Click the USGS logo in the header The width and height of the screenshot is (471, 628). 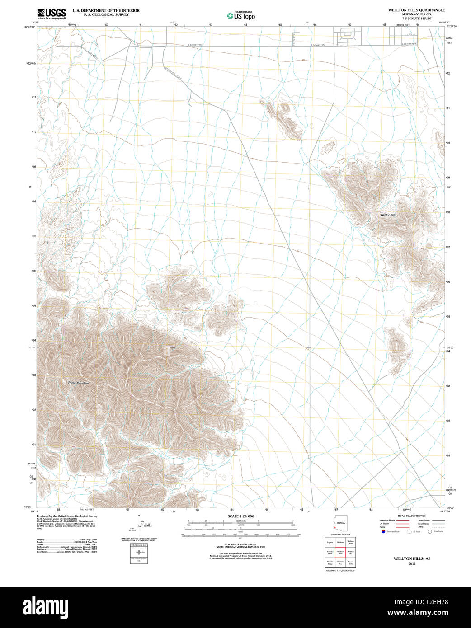coord(51,14)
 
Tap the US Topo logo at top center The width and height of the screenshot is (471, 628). coord(241,16)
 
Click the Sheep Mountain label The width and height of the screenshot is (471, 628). coord(78,383)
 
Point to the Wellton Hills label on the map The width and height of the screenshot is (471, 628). coord(388,215)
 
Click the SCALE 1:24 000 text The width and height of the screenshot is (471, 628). coord(240,516)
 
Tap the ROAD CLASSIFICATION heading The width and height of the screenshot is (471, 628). coord(412,516)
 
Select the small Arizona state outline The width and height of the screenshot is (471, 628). coord(340,524)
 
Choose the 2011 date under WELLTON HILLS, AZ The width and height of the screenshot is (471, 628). coord(412,564)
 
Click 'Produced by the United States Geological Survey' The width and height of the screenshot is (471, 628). coord(67,516)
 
